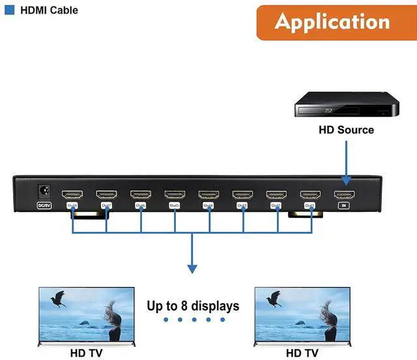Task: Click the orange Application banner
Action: (x=332, y=22)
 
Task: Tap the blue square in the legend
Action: (x=10, y=10)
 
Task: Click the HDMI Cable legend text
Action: (x=49, y=10)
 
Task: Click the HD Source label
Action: (x=346, y=130)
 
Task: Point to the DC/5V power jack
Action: (x=44, y=191)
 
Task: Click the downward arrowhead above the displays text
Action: (x=192, y=267)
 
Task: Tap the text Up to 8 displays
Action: (x=193, y=305)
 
